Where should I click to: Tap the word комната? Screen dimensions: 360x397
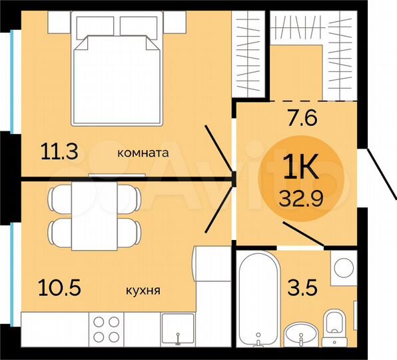pyautogui.click(x=143, y=153)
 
